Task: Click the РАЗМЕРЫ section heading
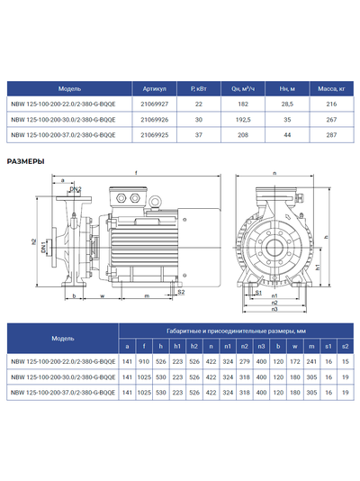point(25,162)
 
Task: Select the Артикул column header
point(155,89)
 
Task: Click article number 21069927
point(155,104)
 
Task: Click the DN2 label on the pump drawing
point(76,189)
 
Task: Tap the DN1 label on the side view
point(43,248)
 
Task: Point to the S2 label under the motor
point(180,292)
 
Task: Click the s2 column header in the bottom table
point(345,345)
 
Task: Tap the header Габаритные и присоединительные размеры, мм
point(236,331)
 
